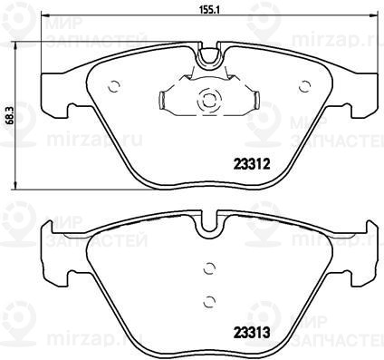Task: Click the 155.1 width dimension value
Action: (208, 9)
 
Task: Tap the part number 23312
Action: (251, 165)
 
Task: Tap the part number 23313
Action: (251, 334)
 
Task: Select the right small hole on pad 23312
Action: (304, 86)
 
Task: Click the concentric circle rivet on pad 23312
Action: (208, 99)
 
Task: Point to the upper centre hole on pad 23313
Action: (209, 268)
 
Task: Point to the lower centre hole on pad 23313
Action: (209, 301)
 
